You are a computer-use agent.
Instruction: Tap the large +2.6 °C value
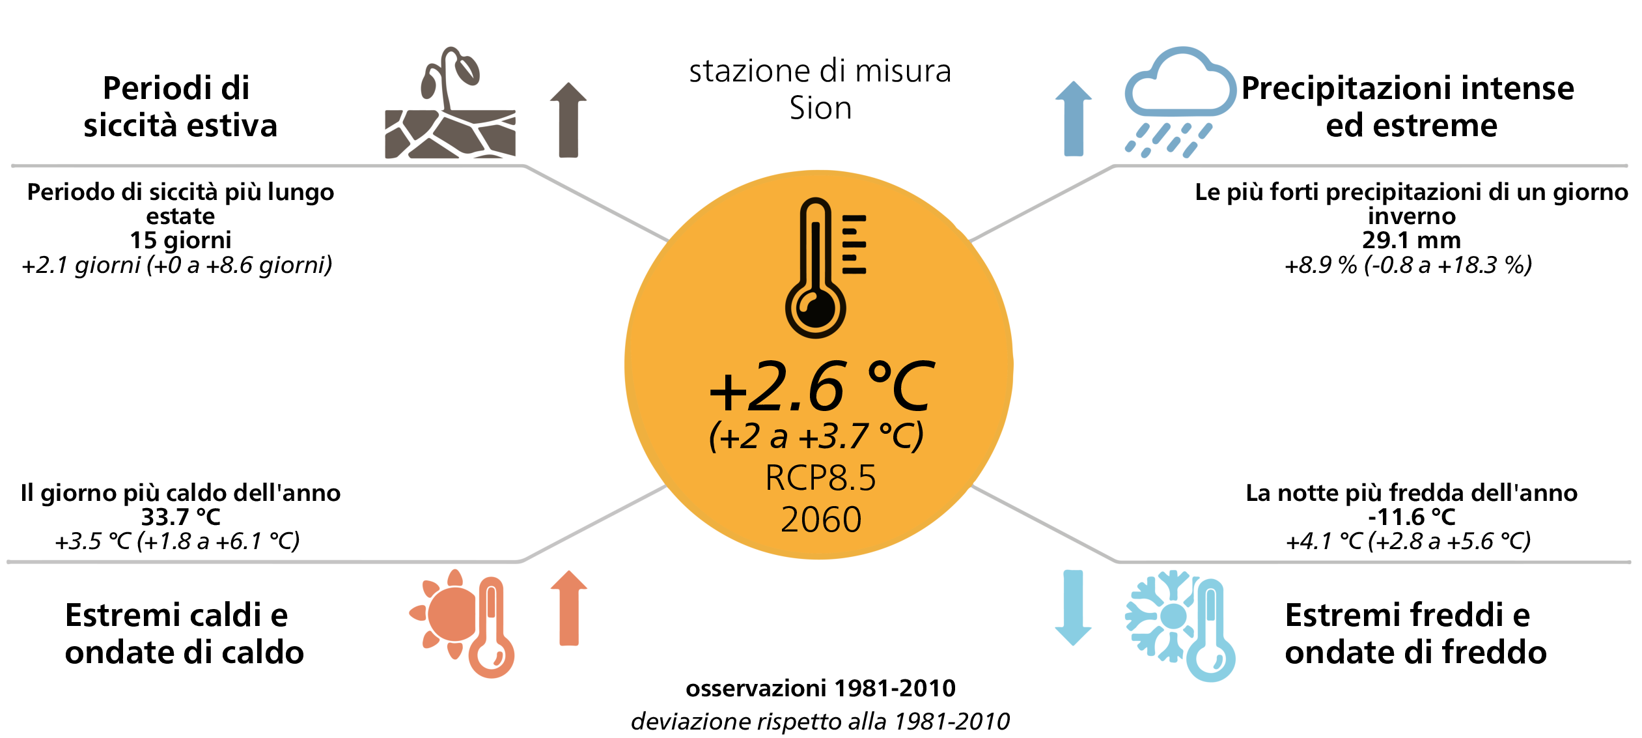[x=822, y=387]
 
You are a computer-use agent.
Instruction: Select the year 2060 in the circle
[x=821, y=519]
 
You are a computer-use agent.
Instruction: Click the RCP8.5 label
[x=820, y=477]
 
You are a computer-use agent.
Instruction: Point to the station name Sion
[x=820, y=108]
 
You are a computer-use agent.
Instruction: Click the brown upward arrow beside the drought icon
[x=568, y=120]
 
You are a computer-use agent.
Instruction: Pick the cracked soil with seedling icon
[x=451, y=102]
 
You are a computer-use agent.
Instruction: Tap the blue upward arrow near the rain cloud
[x=1074, y=119]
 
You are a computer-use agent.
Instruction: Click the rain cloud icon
[x=1180, y=102]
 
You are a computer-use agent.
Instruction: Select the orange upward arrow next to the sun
[x=569, y=608]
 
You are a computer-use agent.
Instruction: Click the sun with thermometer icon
[x=462, y=623]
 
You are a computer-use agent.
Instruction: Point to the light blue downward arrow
[x=1073, y=608]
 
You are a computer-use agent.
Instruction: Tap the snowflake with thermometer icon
[x=1180, y=625]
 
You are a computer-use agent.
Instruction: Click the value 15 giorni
[x=180, y=240]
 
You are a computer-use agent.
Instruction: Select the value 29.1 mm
[x=1412, y=240]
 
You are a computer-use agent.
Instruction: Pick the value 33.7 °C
[x=181, y=517]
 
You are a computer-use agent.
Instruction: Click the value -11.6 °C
[x=1412, y=517]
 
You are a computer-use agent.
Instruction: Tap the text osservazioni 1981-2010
[x=820, y=688]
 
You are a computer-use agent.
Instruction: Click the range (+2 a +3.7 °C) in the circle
[x=816, y=436]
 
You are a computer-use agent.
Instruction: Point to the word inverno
[x=1412, y=216]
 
